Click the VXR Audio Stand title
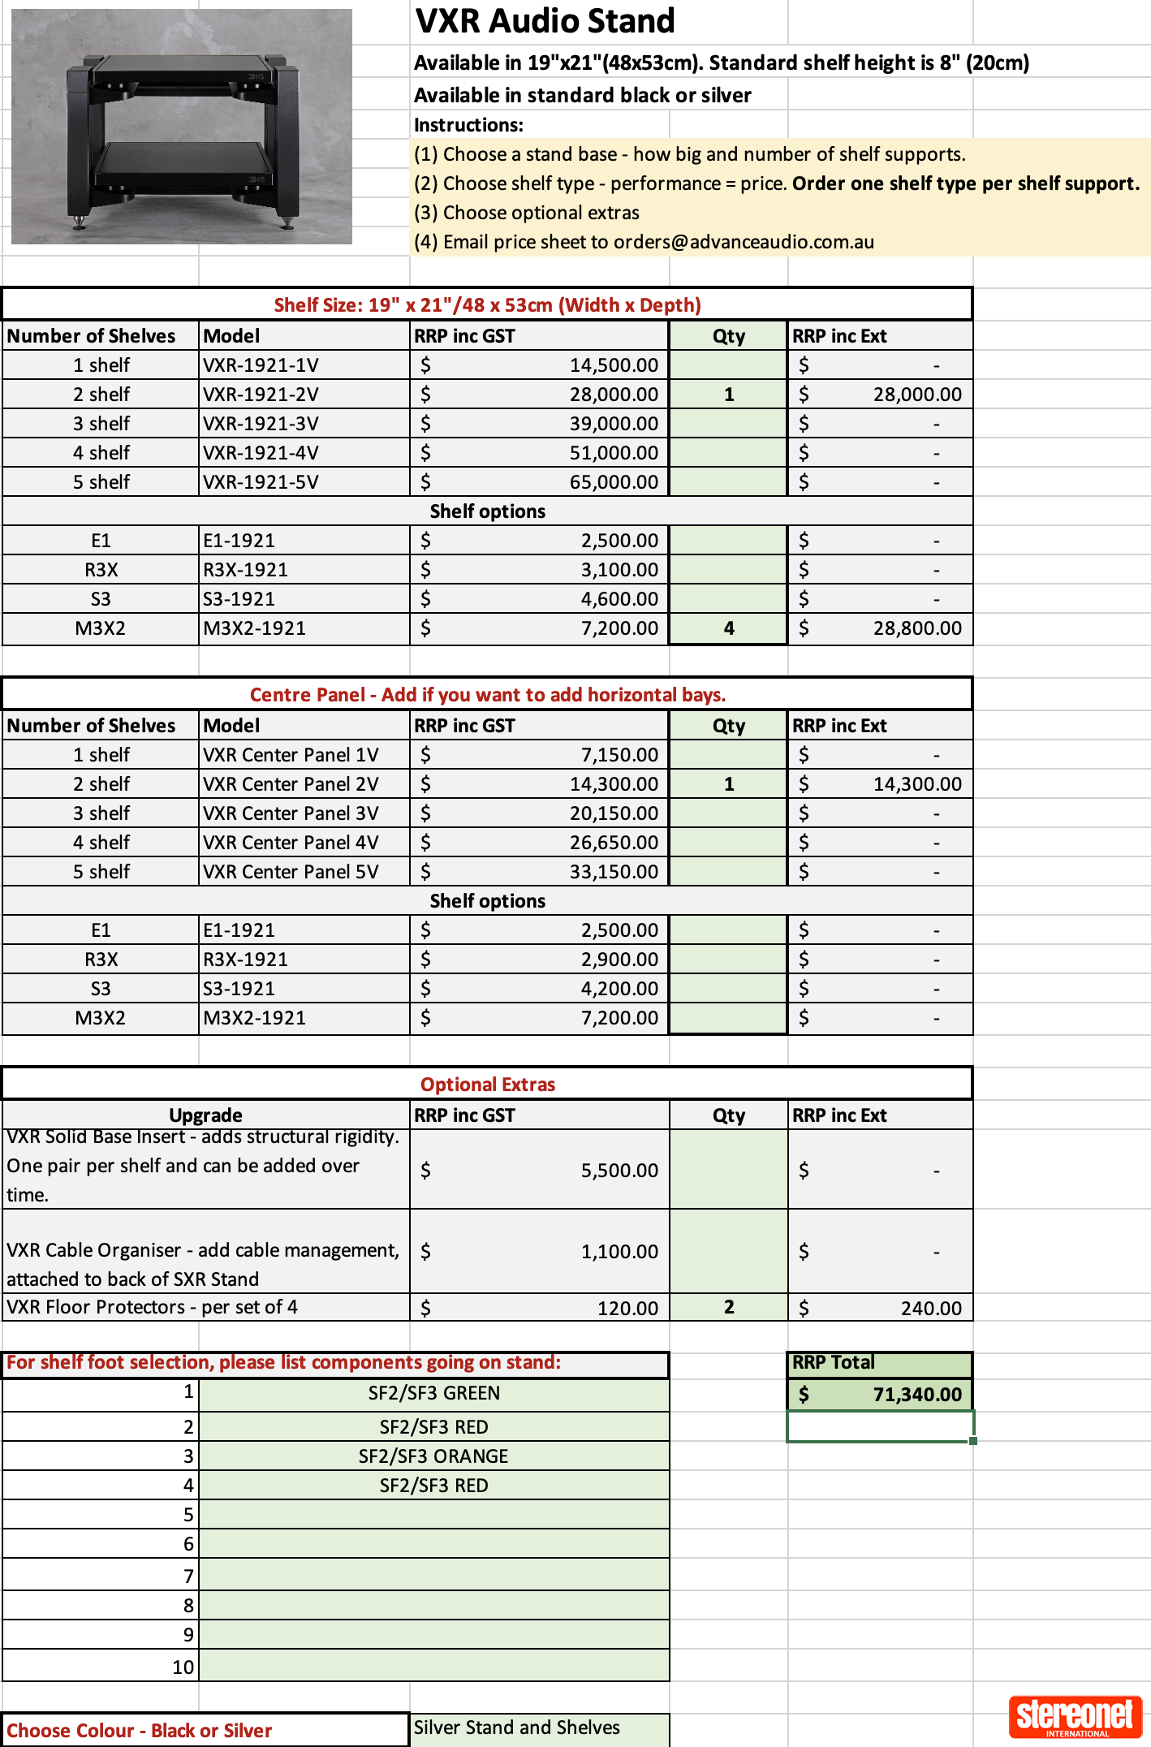point(545,21)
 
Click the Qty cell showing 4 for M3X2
point(728,628)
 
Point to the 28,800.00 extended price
point(916,628)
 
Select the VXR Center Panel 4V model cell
point(291,843)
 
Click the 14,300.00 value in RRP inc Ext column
point(916,784)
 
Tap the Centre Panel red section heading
point(487,695)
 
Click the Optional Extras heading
point(487,1085)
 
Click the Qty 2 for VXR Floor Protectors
point(728,1307)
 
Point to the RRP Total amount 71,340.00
point(916,1395)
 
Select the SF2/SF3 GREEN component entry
point(433,1393)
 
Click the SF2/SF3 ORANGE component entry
point(433,1456)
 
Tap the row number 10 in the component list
point(183,1667)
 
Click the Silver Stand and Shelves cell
point(517,1728)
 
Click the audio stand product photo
point(182,127)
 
